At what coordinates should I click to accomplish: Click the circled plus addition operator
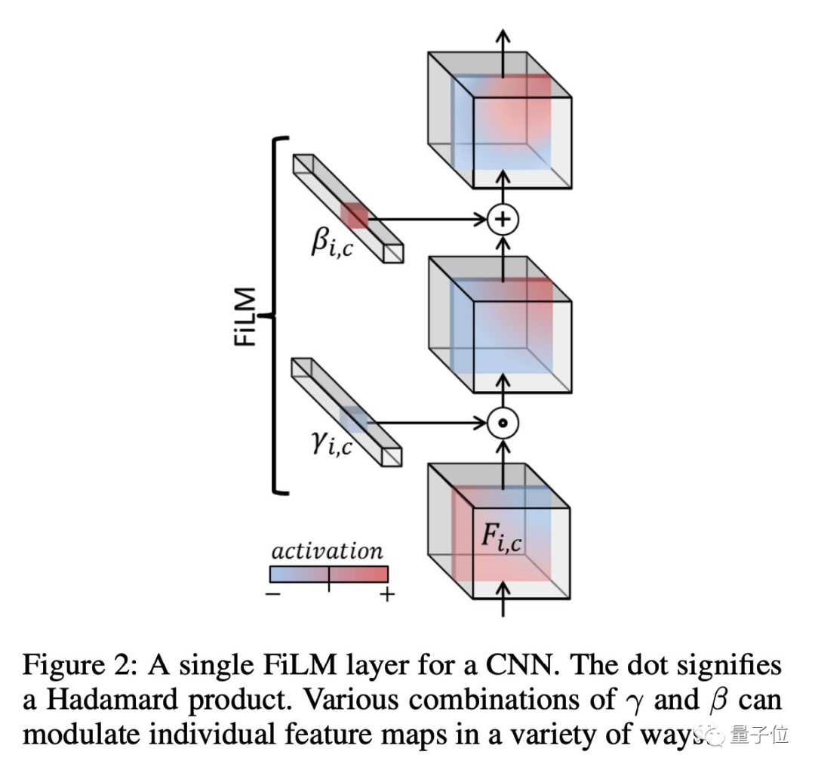(x=503, y=220)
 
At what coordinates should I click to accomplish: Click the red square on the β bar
(x=353, y=216)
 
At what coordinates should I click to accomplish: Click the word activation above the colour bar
(x=327, y=551)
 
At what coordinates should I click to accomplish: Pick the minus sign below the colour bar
(x=274, y=595)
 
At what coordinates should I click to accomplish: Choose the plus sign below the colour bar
(x=386, y=595)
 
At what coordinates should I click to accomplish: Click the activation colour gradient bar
(x=328, y=574)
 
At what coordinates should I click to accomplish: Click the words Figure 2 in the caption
(x=81, y=667)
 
